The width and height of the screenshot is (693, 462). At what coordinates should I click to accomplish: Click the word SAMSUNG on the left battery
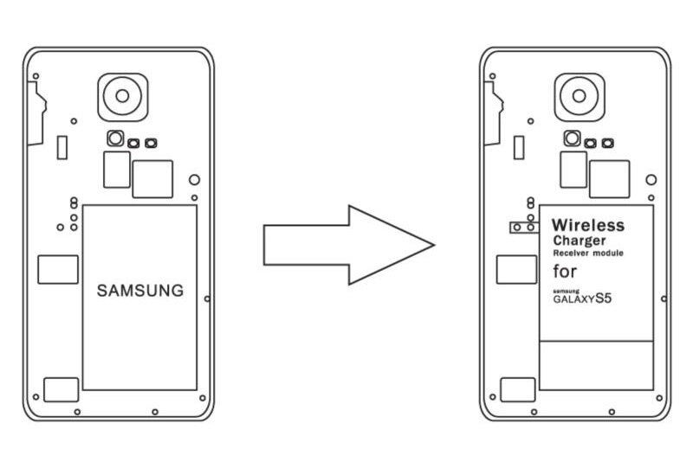tap(140, 291)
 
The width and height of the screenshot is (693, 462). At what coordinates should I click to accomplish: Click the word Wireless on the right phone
tap(588, 226)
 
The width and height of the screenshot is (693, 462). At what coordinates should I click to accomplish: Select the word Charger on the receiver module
tap(578, 241)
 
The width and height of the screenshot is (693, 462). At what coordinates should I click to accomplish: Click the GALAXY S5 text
tap(586, 298)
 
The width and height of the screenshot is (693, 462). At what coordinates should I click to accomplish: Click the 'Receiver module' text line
tap(588, 253)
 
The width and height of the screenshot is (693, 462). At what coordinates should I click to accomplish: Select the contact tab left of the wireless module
tap(521, 227)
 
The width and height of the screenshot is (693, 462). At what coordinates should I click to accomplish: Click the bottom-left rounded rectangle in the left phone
tap(61, 388)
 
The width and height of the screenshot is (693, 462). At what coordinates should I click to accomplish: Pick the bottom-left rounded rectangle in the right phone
tap(518, 388)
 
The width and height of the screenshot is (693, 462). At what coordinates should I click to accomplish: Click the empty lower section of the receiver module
tap(596, 364)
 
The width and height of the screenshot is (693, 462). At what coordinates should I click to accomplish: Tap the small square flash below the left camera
tap(114, 138)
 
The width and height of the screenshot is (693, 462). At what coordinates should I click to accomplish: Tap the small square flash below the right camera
tap(572, 138)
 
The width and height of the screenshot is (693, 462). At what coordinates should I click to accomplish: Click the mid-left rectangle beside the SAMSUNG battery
tap(57, 271)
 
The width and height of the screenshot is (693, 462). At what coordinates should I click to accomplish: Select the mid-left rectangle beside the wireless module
tap(515, 270)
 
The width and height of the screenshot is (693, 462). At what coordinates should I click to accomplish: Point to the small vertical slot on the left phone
tap(62, 147)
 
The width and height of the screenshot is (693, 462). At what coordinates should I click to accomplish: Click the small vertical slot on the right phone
tap(519, 147)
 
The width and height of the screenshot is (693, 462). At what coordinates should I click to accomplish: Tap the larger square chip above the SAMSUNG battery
tap(152, 179)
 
